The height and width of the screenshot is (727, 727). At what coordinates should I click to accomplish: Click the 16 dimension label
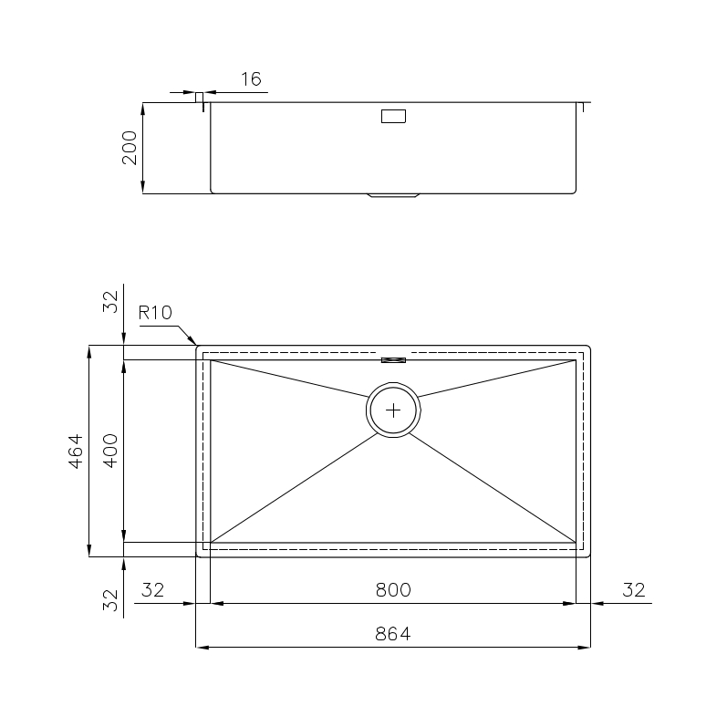click(x=251, y=79)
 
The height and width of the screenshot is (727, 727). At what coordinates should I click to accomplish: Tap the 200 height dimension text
click(x=130, y=148)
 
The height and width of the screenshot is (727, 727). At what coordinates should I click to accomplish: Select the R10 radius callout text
click(x=155, y=313)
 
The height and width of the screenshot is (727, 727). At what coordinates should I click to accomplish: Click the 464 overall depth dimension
click(x=76, y=452)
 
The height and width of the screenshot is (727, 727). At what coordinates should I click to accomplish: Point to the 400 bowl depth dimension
click(x=110, y=451)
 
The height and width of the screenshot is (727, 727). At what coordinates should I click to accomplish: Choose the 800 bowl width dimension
click(x=393, y=590)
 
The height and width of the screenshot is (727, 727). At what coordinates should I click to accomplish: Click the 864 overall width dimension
click(x=393, y=633)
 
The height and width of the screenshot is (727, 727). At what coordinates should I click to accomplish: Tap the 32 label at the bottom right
click(x=634, y=590)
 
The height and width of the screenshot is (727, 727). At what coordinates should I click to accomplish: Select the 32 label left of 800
click(x=153, y=590)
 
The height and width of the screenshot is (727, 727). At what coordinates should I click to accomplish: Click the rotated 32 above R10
click(x=110, y=302)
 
